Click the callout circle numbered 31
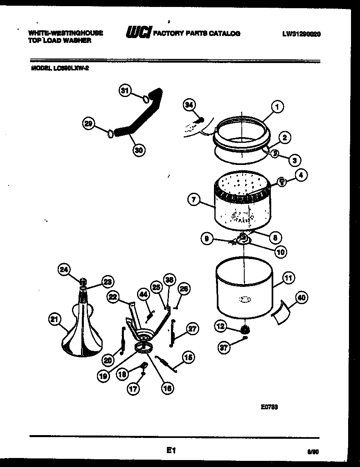(x=125, y=91)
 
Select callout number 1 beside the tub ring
(x=277, y=108)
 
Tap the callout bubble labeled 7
(x=194, y=200)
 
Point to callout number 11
(x=288, y=278)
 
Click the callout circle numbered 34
(x=189, y=105)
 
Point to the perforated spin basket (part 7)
(x=241, y=201)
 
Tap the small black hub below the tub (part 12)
(x=245, y=329)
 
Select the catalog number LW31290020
(x=301, y=34)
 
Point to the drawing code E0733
(x=270, y=407)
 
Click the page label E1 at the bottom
(x=171, y=451)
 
